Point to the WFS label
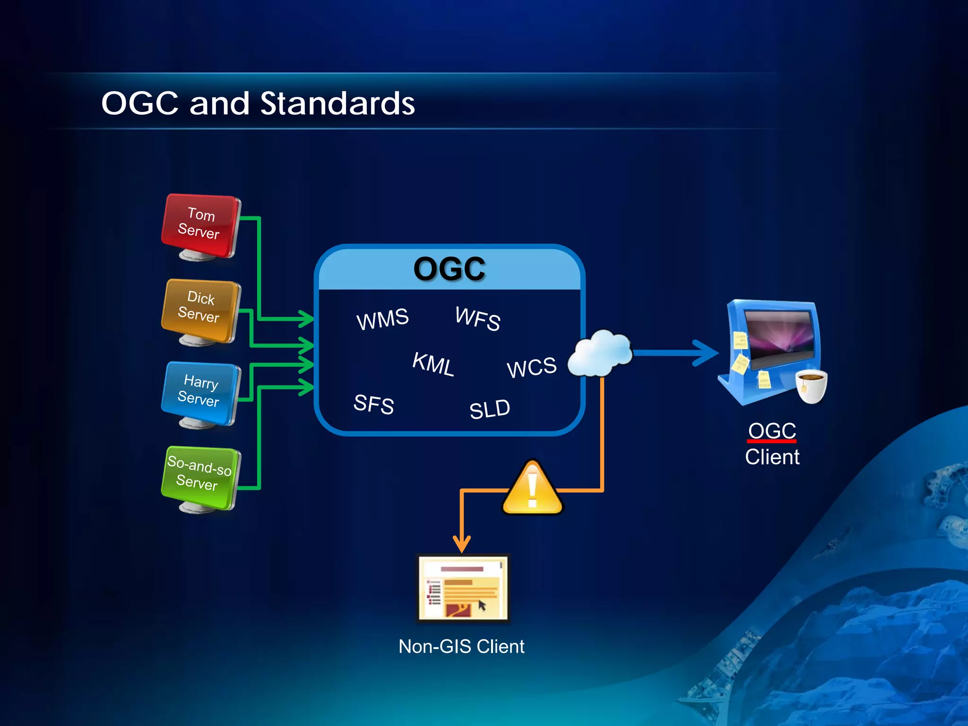tap(477, 318)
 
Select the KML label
tap(433, 363)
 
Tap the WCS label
tap(532, 367)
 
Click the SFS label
tap(373, 404)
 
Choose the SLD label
tap(490, 409)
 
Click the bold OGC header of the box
tap(449, 268)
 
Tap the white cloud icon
tap(600, 354)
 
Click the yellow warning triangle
tap(532, 489)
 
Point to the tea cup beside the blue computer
tap(811, 386)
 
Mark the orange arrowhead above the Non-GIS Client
tap(462, 544)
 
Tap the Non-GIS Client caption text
tap(461, 646)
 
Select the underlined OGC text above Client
tap(772, 431)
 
